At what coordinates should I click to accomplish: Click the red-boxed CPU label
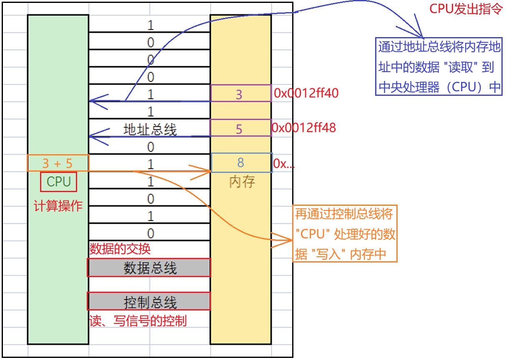pyautogui.click(x=59, y=182)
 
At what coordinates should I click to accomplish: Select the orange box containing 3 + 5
pyautogui.click(x=58, y=162)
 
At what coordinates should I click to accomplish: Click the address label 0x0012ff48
pyautogui.click(x=304, y=127)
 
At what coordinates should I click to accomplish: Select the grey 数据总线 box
pyautogui.click(x=149, y=267)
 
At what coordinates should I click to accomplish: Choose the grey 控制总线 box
pyautogui.click(x=149, y=301)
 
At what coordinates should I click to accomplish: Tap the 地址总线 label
pyautogui.click(x=150, y=129)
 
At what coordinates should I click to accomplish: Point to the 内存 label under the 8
pyautogui.click(x=242, y=182)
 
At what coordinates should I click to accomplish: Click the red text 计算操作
pyautogui.click(x=58, y=205)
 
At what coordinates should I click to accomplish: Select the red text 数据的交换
pyautogui.click(x=120, y=249)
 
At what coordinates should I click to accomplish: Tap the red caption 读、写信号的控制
pyautogui.click(x=138, y=320)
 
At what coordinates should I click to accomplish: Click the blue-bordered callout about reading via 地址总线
pyautogui.click(x=438, y=67)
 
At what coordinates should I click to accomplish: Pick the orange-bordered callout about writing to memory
pyautogui.click(x=345, y=233)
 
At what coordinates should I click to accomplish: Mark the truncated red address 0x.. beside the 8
pyautogui.click(x=283, y=164)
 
